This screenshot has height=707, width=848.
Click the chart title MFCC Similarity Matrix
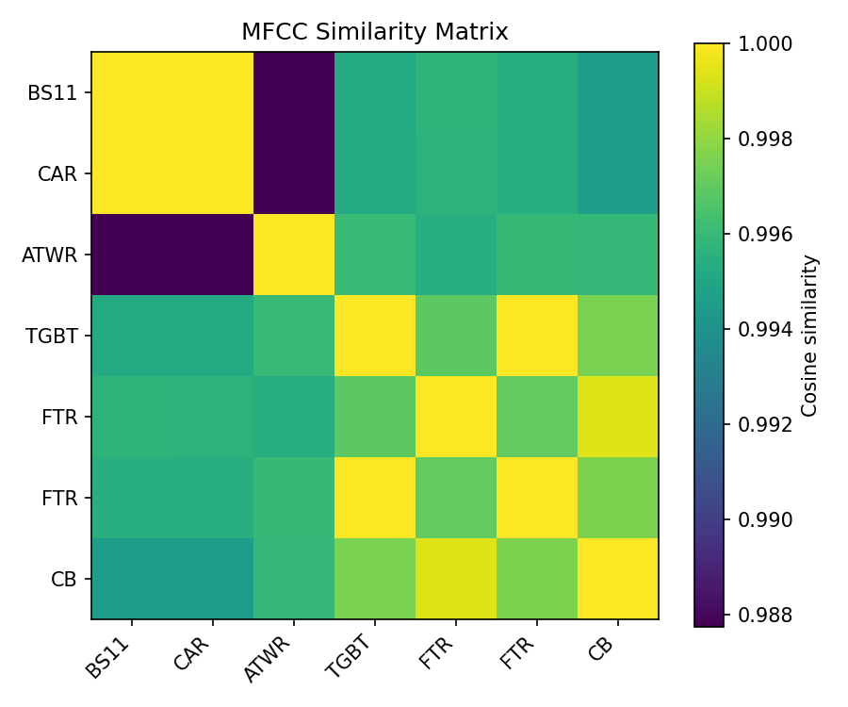pos(374,32)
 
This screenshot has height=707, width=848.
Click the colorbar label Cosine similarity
pos(809,336)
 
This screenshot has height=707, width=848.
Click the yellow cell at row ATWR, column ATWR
pos(294,255)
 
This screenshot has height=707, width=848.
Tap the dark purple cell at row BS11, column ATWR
pos(294,92)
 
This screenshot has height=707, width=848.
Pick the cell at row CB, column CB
pos(617,579)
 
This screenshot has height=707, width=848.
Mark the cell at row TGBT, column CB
pos(617,336)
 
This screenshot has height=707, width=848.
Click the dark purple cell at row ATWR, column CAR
pos(213,255)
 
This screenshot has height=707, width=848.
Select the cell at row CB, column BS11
pos(132,579)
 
